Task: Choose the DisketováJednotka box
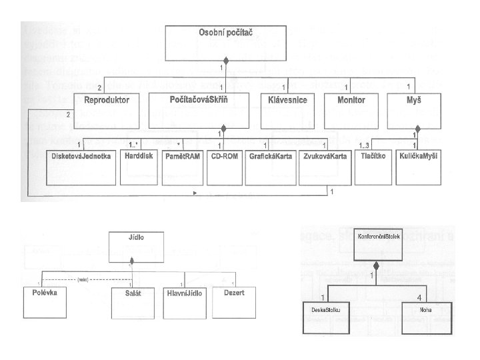click(x=79, y=167)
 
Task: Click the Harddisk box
click(x=139, y=167)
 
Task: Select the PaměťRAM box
click(x=181, y=167)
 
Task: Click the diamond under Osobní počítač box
click(x=226, y=61)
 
